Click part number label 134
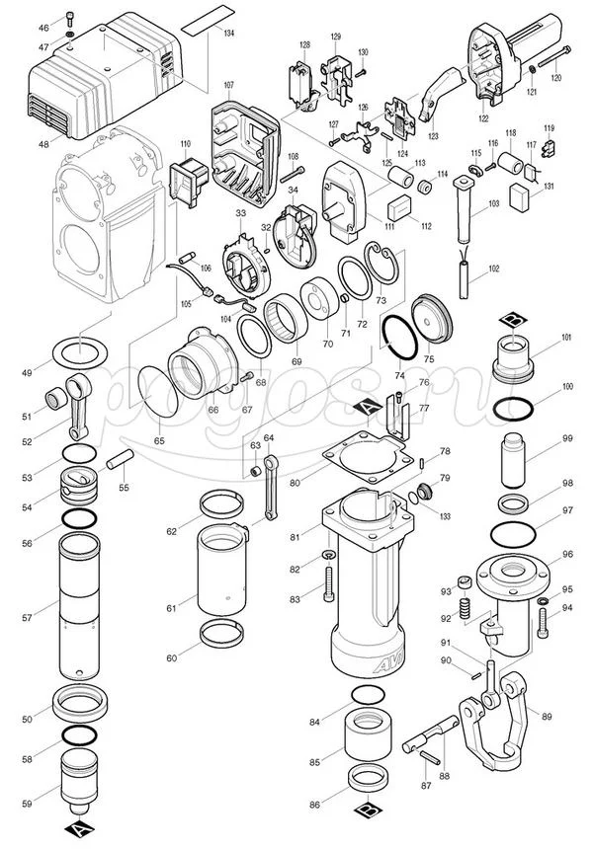point(229,34)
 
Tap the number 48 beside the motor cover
point(43,144)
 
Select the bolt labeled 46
point(69,17)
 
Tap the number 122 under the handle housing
point(482,117)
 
